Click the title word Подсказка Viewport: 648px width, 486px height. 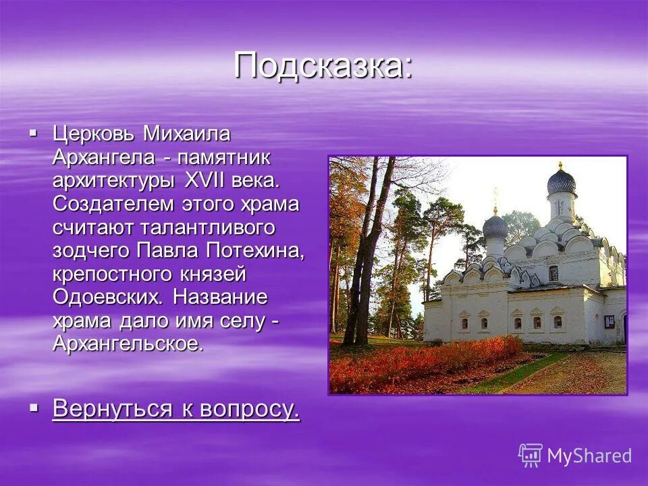click(x=323, y=65)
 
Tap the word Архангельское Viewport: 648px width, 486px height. click(x=128, y=342)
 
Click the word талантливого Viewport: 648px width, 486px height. click(x=207, y=227)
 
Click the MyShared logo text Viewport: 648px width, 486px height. click(x=589, y=455)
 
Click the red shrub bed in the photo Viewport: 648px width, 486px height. click(x=418, y=361)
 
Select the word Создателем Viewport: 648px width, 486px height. click(x=116, y=204)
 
